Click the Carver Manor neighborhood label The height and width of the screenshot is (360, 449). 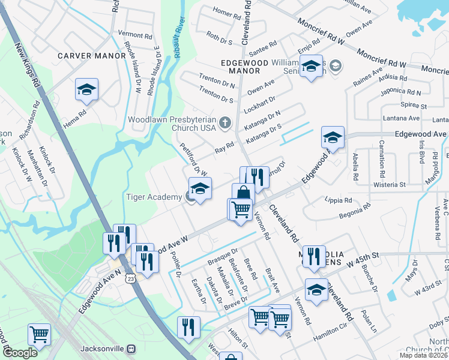pos(91,56)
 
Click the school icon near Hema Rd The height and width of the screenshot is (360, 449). pos(86,90)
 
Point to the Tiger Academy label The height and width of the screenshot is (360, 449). pos(154,197)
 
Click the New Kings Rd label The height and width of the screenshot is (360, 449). pos(26,64)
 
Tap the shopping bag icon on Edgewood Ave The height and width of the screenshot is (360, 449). pos(243,193)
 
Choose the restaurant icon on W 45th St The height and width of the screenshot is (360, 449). pos(313,256)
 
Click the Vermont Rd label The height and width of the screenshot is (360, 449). pos(135,35)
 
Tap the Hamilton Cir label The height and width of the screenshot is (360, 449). pos(330,340)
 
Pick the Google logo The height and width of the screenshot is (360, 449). pos(20,353)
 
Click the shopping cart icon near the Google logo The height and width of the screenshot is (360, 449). pos(39,334)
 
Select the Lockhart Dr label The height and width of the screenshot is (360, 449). pos(260,103)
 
